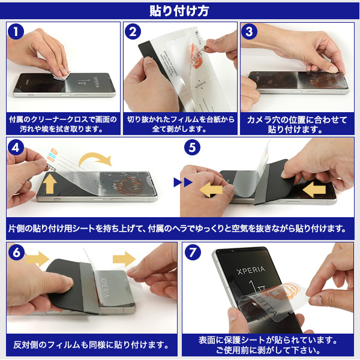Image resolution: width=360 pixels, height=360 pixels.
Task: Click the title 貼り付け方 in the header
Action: [x=179, y=11]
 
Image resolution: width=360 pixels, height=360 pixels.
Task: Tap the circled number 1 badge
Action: [x=16, y=31]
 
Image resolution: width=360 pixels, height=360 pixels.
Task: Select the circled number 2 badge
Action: [x=133, y=31]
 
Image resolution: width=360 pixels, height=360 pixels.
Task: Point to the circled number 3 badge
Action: [x=249, y=31]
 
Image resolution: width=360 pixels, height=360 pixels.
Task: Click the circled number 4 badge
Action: [x=16, y=148]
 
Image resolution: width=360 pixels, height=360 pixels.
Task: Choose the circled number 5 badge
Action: [x=192, y=148]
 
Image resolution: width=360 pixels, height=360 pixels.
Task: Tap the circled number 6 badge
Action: [x=16, y=253]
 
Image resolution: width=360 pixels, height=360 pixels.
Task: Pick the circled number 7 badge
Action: [x=193, y=253]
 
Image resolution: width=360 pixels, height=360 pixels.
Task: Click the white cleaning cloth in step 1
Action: [x=61, y=75]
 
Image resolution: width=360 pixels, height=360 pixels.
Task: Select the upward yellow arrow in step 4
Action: [x=50, y=184]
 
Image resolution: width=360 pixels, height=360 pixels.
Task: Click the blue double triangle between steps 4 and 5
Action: [x=183, y=182]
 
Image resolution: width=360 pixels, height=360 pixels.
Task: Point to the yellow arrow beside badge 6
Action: [x=38, y=259]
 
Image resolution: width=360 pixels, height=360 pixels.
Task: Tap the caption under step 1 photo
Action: [x=63, y=124]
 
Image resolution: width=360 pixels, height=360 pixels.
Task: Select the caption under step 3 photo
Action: [x=297, y=124]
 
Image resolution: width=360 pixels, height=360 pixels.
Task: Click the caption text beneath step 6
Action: [x=91, y=344]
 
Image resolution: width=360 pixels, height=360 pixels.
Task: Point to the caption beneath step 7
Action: [x=268, y=345]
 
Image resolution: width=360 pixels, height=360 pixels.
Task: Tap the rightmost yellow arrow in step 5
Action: [x=314, y=190]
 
